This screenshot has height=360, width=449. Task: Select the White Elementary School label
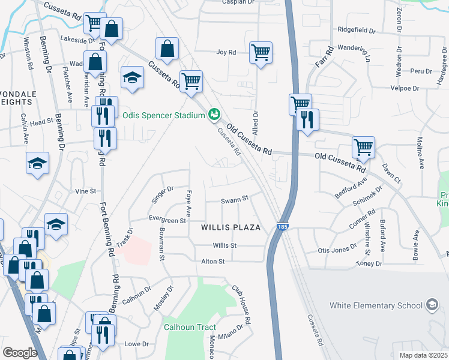(x=376, y=305)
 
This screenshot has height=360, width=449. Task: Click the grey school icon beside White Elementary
(x=432, y=305)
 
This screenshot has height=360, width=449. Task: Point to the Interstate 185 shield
(x=282, y=227)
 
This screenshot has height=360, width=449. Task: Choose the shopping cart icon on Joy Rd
(x=261, y=53)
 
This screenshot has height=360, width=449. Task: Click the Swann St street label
(x=235, y=200)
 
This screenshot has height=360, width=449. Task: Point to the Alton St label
(x=212, y=262)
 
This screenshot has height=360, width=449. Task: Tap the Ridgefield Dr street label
(x=356, y=29)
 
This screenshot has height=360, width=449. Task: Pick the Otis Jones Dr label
(x=337, y=250)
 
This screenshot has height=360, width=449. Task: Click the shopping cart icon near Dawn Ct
(x=363, y=146)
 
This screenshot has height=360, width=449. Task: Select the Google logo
(x=20, y=353)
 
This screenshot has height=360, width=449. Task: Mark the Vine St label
(x=85, y=191)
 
